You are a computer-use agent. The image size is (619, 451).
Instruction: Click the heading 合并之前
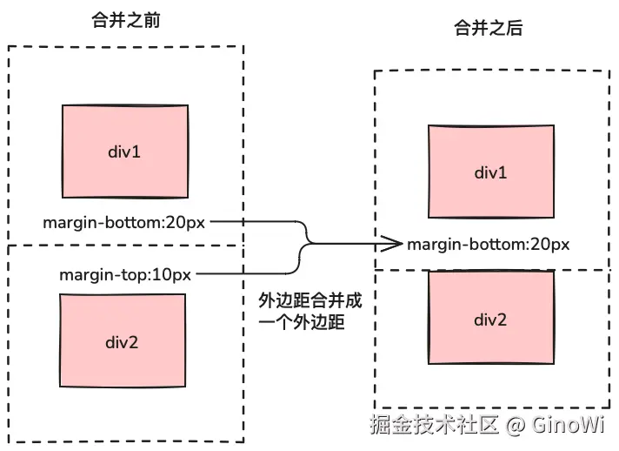coord(125,22)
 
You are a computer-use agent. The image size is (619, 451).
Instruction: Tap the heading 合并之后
coord(489,29)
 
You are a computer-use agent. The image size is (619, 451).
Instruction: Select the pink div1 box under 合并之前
coord(124,152)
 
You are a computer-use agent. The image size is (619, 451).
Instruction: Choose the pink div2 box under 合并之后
coord(490,320)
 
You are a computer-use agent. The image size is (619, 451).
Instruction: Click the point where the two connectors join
coord(311,244)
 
